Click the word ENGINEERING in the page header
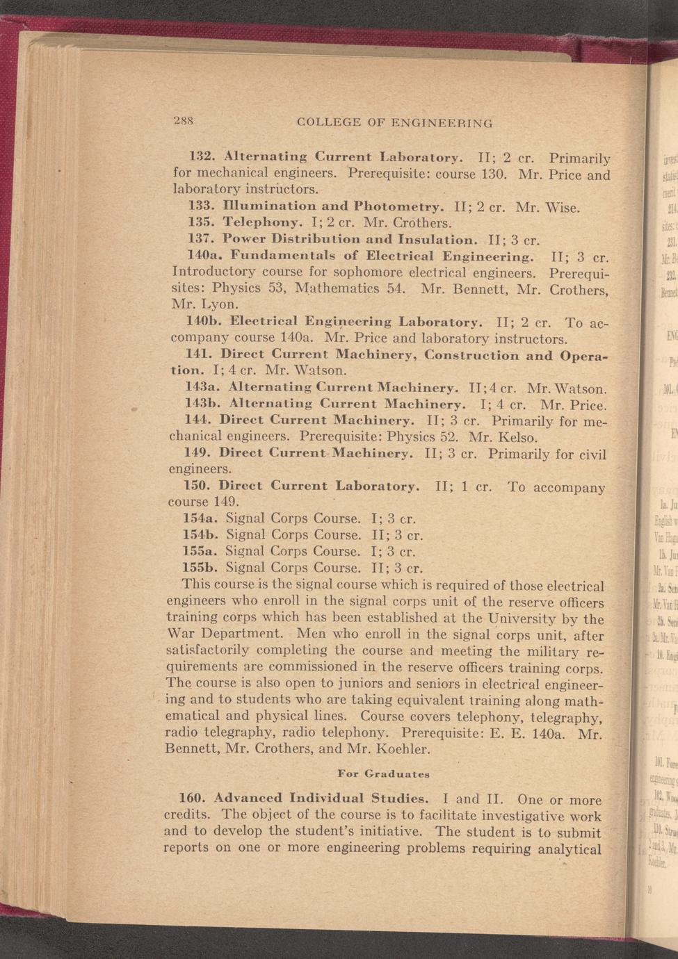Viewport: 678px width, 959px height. (x=442, y=123)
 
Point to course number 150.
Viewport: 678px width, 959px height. (x=197, y=486)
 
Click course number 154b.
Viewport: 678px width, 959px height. (x=201, y=534)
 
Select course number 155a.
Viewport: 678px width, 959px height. (x=200, y=551)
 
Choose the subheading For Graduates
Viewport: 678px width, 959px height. (x=383, y=773)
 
